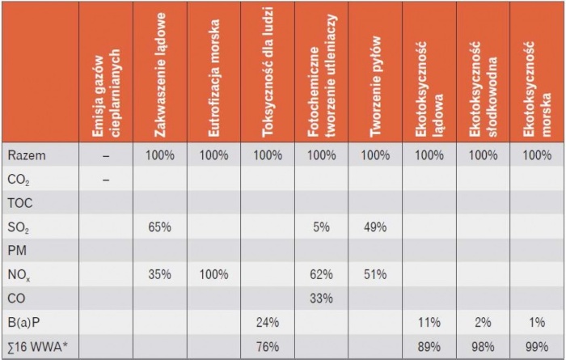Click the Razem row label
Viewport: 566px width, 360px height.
click(x=27, y=155)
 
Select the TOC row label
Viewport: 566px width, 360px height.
click(x=20, y=203)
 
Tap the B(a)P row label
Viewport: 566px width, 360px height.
click(x=23, y=322)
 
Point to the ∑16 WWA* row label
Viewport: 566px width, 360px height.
click(x=38, y=346)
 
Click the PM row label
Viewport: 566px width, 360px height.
click(x=17, y=251)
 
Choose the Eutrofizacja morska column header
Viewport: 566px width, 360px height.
click(x=213, y=78)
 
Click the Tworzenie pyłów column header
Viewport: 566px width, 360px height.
click(x=375, y=87)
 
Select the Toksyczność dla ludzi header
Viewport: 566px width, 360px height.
click(x=268, y=72)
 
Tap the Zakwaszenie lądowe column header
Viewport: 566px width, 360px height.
click(x=160, y=74)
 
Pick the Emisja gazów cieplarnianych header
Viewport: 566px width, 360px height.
click(x=106, y=93)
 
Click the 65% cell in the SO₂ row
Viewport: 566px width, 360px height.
click(x=159, y=227)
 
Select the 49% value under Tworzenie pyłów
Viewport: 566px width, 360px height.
click(x=375, y=227)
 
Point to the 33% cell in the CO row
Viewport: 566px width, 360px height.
click(x=321, y=299)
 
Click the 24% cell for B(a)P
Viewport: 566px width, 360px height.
click(x=268, y=322)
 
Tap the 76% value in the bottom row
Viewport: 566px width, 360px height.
click(x=268, y=346)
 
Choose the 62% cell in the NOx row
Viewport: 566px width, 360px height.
click(x=321, y=274)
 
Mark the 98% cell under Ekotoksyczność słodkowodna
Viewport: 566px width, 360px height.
click(x=483, y=346)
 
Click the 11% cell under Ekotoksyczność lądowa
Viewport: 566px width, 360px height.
click(x=429, y=322)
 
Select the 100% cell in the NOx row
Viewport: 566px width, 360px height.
click(x=213, y=274)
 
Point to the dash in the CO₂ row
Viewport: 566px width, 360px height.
click(x=106, y=180)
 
